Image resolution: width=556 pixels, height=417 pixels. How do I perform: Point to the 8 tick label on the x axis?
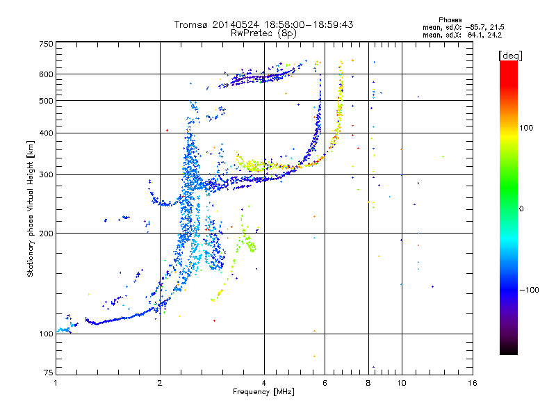click(x=368, y=383)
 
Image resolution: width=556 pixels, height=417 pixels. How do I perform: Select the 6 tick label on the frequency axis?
click(x=325, y=383)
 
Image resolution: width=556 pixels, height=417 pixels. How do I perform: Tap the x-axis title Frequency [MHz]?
click(x=264, y=393)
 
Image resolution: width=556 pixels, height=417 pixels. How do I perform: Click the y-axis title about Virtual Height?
click(x=31, y=208)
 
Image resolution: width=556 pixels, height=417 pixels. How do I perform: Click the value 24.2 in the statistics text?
click(x=493, y=34)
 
